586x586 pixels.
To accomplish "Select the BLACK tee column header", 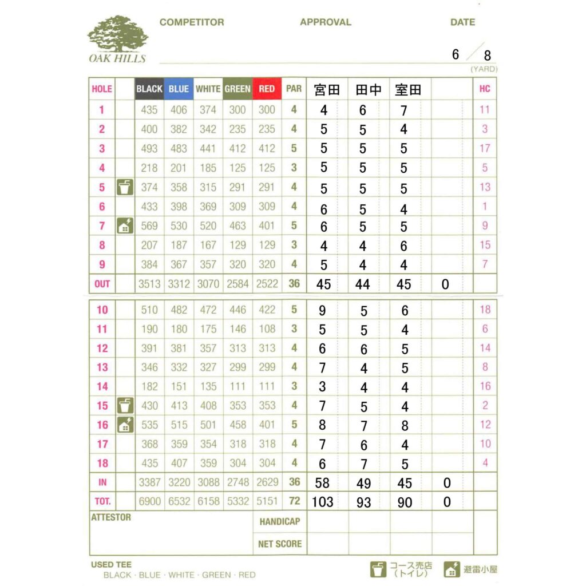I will click(149, 89).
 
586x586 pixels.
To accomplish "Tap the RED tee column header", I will click(267, 89).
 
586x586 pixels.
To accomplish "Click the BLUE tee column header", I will click(179, 89).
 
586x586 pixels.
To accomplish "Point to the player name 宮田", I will click(327, 90).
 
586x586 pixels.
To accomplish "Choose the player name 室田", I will click(408, 90).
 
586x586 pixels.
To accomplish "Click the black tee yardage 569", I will click(149, 226).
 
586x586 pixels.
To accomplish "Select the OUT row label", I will click(102, 284).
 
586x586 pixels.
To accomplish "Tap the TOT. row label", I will click(102, 501).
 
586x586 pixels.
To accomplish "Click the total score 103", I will click(322, 502).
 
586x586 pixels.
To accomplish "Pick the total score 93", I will click(363, 502).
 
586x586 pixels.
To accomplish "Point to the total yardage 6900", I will click(150, 501).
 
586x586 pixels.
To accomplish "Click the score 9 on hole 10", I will click(322, 310).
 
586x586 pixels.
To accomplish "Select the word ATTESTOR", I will click(111, 517).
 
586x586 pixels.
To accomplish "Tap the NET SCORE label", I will click(280, 544).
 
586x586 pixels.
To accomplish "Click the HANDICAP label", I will click(280, 521).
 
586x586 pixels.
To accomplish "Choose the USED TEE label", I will click(111, 565).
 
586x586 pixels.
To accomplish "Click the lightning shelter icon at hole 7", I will click(125, 226).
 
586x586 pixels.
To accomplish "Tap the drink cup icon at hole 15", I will click(125, 406).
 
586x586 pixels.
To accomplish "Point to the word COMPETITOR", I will click(192, 22).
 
